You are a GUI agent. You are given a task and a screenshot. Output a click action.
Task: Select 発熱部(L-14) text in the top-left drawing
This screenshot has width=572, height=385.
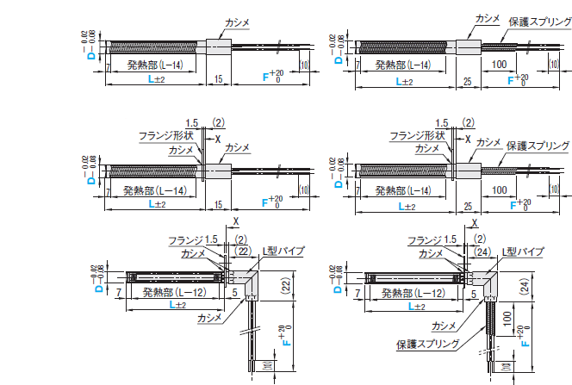pyautogui.click(x=154, y=65)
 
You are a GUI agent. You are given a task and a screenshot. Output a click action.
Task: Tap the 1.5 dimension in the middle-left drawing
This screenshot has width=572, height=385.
pyautogui.click(x=191, y=122)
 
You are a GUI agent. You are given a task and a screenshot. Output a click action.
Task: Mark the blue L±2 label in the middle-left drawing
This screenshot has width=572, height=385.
pyautogui.click(x=156, y=205)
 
